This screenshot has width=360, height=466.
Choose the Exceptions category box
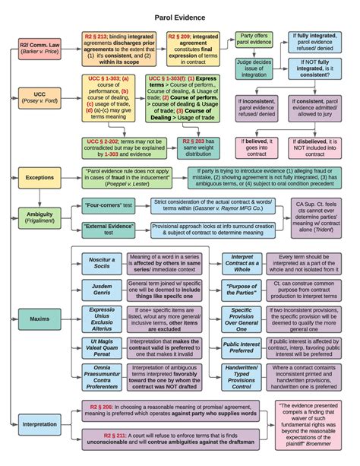(38, 176)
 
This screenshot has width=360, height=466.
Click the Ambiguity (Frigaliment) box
(38, 216)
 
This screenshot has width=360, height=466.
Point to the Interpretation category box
(38, 420)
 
